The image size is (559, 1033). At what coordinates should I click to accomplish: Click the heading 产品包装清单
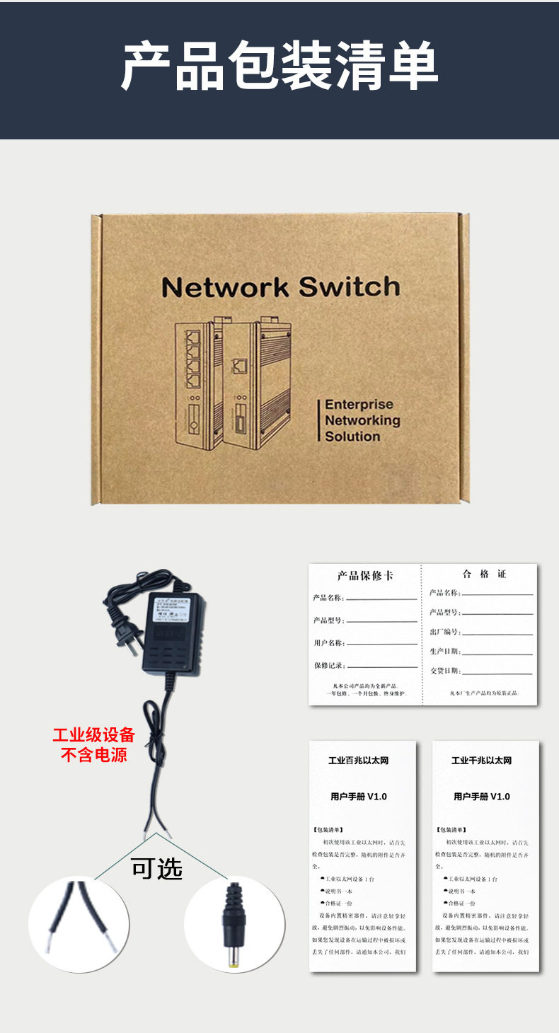pos(279,67)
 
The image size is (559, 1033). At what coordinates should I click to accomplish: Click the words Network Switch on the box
pos(280,287)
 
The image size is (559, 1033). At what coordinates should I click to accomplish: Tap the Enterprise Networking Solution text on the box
pos(362,420)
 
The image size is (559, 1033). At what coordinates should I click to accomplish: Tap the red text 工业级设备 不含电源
pos(93,745)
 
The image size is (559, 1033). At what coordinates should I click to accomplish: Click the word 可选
pos(156,868)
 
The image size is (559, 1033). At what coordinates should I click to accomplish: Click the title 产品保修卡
pos(365,575)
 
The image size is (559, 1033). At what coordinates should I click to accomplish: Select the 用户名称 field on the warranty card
pos(328,643)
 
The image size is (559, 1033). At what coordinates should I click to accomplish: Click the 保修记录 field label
pos(328,666)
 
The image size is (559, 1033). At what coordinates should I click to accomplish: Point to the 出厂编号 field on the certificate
pos(444,632)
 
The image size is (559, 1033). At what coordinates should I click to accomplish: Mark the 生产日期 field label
pos(444,651)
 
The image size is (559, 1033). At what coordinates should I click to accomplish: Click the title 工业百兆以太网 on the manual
pos(359,761)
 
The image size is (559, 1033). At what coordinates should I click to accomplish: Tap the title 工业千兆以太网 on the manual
pos(482,761)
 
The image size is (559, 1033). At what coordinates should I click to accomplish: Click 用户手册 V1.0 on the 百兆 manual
pos(359,797)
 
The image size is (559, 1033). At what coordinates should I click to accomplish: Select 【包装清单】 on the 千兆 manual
pos(451,829)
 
